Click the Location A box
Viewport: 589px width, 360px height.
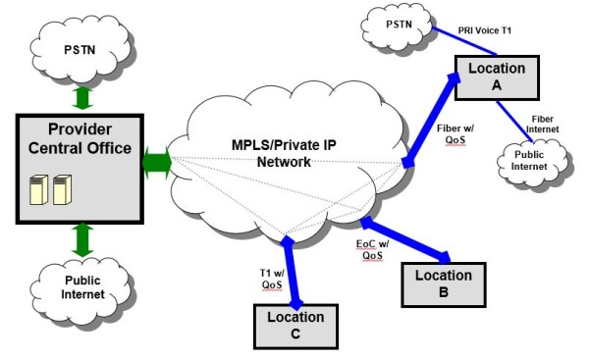[x=496, y=77]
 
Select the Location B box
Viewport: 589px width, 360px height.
[x=443, y=283]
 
